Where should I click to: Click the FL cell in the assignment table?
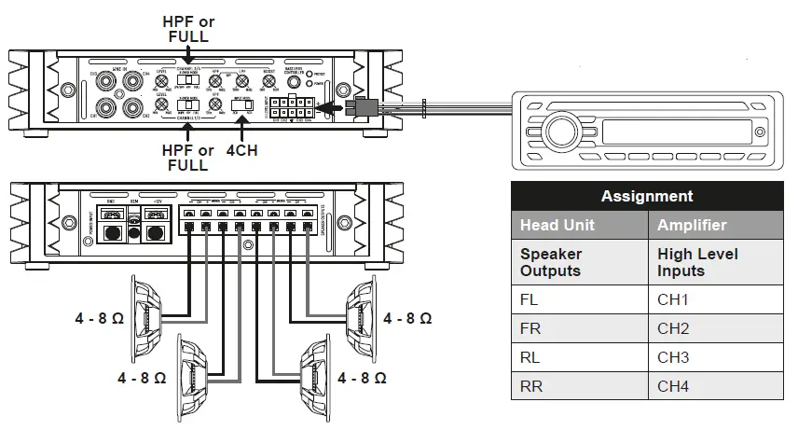(578, 301)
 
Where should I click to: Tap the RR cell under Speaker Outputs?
(578, 385)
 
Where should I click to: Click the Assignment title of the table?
(647, 196)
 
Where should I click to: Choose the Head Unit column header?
(578, 225)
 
